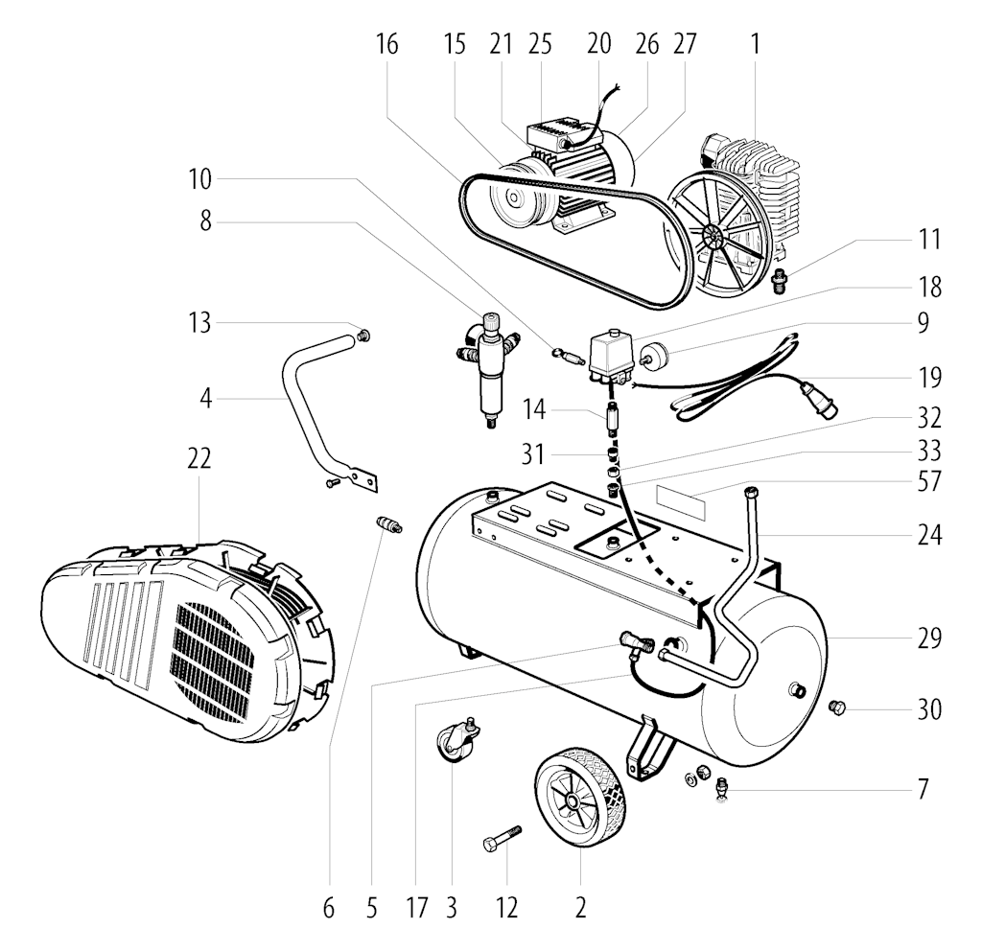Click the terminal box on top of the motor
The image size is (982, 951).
click(551, 133)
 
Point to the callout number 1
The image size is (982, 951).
click(756, 44)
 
